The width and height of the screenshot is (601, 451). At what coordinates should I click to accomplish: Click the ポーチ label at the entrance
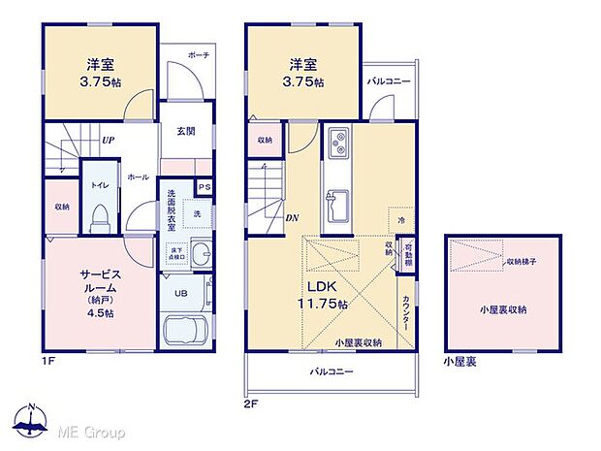[201, 56]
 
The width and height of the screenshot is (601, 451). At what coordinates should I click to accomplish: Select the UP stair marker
[110, 139]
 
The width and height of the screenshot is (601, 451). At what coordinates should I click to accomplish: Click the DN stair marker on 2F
[292, 217]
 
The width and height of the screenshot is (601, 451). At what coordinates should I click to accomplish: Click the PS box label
[205, 187]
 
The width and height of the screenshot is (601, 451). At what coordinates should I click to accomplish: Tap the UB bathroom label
[181, 292]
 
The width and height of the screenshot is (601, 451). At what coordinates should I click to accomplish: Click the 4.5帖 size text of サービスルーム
[98, 312]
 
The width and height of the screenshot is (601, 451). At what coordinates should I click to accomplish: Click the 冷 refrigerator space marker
[401, 221]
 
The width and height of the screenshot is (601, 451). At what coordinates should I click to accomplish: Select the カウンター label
[406, 313]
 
